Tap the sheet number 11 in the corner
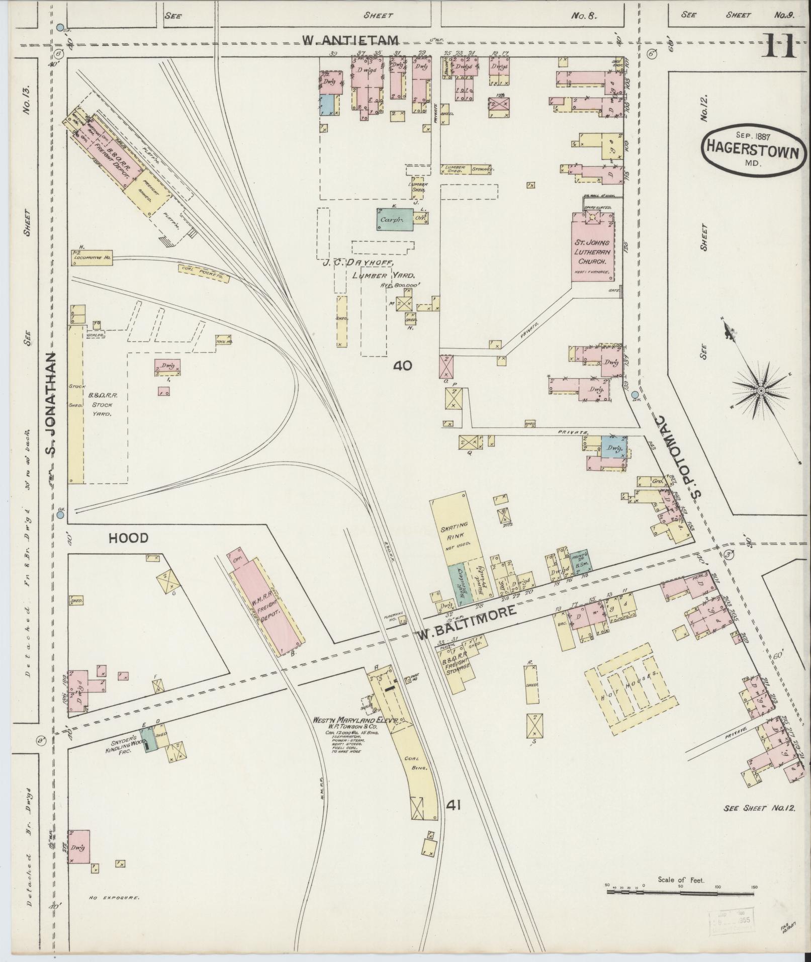click(780, 47)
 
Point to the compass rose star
click(761, 390)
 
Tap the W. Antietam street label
click(350, 40)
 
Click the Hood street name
click(129, 538)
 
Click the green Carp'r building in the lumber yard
click(395, 220)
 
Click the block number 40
click(402, 366)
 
